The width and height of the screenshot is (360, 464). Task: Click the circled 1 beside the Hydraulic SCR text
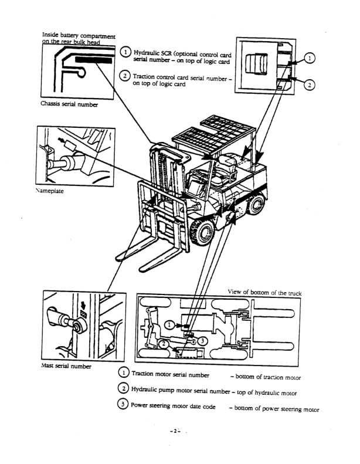125,53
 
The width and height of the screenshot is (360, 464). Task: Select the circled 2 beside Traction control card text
125,75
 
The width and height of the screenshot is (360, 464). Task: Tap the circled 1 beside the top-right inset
310,57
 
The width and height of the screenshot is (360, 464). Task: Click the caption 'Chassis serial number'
69,104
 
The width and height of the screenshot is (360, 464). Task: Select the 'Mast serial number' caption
66,366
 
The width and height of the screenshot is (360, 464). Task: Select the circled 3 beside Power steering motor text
123,404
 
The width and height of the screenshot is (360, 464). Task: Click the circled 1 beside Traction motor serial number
123,374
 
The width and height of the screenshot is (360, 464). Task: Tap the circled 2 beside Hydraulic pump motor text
123,388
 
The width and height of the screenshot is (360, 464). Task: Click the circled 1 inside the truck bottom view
169,324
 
